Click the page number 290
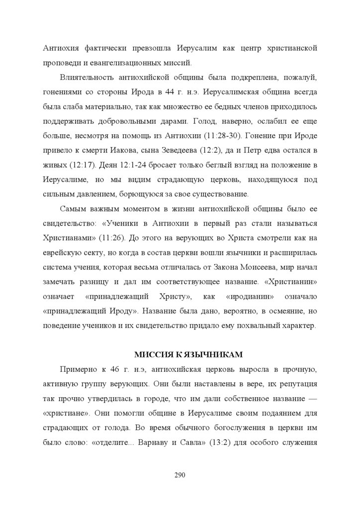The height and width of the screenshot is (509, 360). (180, 475)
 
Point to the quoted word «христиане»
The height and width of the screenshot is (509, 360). (64, 414)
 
